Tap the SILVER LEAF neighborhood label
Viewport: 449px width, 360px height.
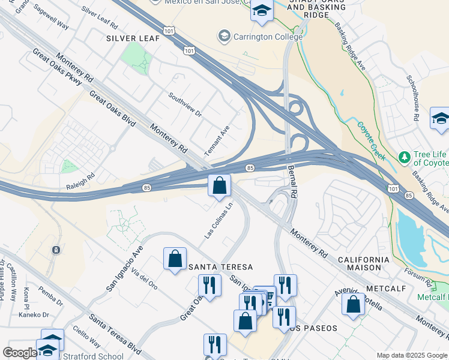(133, 38)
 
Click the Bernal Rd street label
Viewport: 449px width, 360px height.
(292, 182)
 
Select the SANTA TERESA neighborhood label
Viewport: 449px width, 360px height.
(220, 266)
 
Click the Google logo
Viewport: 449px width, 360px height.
(19, 353)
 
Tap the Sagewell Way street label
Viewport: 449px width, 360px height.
(51, 17)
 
